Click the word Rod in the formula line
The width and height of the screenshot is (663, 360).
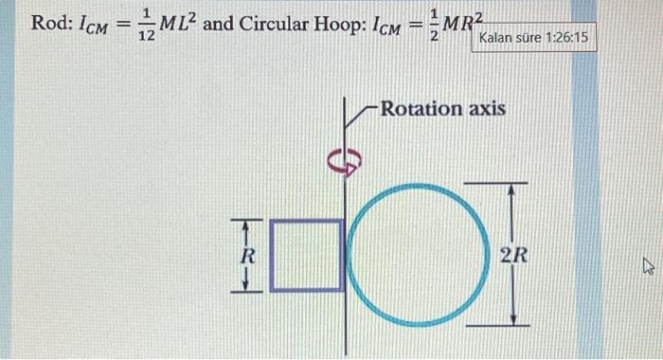(x=47, y=23)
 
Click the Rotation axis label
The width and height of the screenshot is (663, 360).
(x=442, y=108)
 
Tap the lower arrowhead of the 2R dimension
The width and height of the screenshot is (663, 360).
(x=512, y=317)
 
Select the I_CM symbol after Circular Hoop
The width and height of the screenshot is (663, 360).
(x=379, y=25)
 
